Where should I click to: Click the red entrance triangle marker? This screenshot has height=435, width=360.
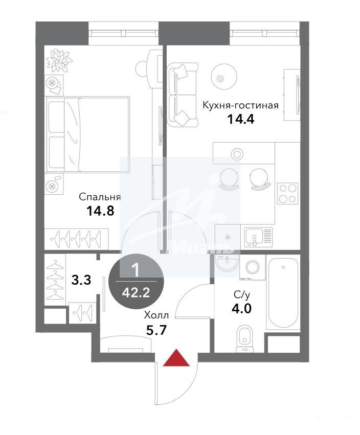tap(176, 358)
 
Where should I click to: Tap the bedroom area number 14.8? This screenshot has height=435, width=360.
tap(100, 211)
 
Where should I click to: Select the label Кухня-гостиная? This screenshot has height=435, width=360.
tap(240, 105)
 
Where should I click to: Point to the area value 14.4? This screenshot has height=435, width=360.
tap(241, 120)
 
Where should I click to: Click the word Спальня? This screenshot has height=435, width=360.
tap(100, 197)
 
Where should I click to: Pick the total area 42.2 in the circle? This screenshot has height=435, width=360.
tap(136, 292)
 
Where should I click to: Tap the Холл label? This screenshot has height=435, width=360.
tap(156, 315)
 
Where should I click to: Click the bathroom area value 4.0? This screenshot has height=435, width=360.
tap(241, 308)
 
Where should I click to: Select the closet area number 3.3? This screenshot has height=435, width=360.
tap(81, 280)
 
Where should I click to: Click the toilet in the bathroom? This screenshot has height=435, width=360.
tap(244, 338)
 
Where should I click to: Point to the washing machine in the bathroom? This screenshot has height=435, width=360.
tap(253, 267)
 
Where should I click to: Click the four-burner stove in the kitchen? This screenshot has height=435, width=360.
tap(287, 194)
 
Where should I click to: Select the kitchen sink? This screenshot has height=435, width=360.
tap(258, 237)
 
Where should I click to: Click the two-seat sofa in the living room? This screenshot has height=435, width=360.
tap(183, 95)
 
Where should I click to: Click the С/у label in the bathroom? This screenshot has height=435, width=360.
tap(242, 294)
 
